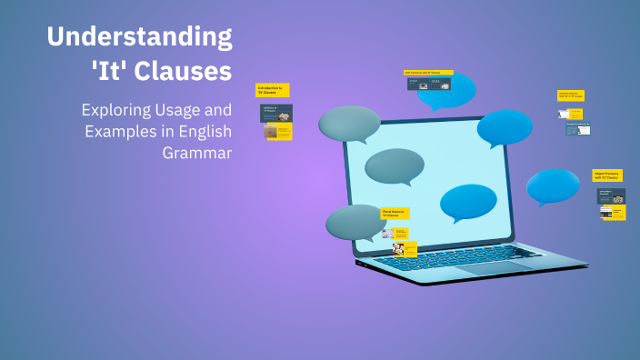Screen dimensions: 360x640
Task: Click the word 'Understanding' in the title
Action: click(139, 37)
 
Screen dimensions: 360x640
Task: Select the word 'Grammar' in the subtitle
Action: click(197, 152)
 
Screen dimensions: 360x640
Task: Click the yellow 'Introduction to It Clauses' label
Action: click(273, 90)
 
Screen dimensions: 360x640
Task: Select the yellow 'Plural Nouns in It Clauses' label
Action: click(395, 213)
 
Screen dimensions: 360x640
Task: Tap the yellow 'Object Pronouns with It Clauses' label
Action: click(609, 175)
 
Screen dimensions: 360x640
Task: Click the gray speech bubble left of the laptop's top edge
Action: click(349, 123)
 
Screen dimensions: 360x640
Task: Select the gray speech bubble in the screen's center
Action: click(395, 165)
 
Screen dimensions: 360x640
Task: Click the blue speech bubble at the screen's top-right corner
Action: click(505, 127)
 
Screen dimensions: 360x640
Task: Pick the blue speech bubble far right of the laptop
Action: click(553, 185)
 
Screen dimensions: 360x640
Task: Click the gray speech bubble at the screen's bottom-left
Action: click(355, 221)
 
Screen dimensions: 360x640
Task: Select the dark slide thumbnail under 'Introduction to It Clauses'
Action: click(277, 113)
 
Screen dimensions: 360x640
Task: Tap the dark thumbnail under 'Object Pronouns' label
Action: click(611, 195)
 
